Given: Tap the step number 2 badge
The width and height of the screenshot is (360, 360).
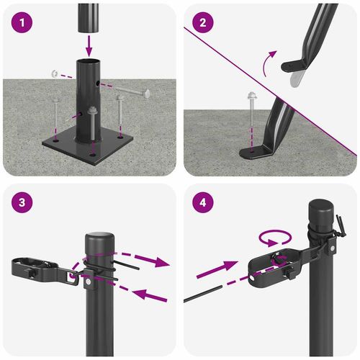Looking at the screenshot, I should tap(203, 22).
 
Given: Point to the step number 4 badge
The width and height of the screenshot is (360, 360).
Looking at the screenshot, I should tap(203, 202).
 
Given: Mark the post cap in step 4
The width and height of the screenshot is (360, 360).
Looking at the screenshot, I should tap(322, 213).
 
